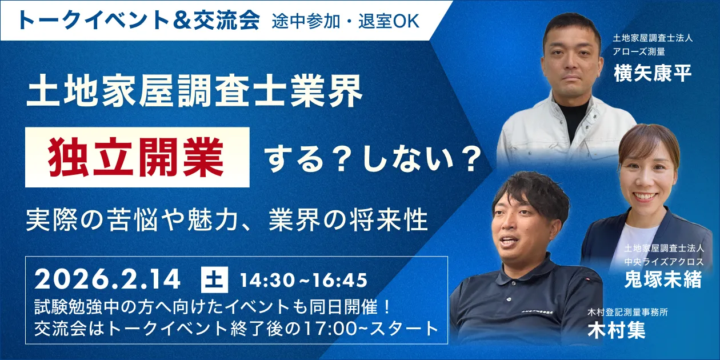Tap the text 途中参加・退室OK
pyautogui.click(x=346, y=21)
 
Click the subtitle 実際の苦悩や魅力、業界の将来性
pyautogui.click(x=227, y=220)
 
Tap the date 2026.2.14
pyautogui.click(x=108, y=280)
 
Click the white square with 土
pyautogui.click(x=215, y=280)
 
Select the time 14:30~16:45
pyautogui.click(x=303, y=281)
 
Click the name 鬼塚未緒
pyautogui.click(x=663, y=280)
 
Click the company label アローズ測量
pyautogui.click(x=639, y=52)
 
